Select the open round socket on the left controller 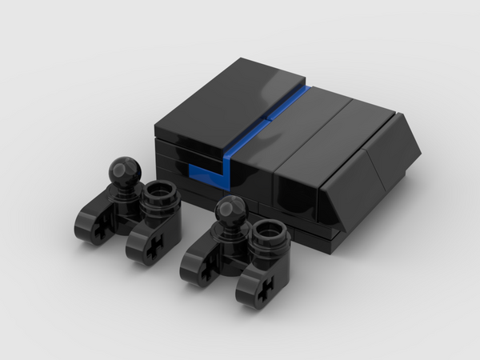(x=159, y=193)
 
